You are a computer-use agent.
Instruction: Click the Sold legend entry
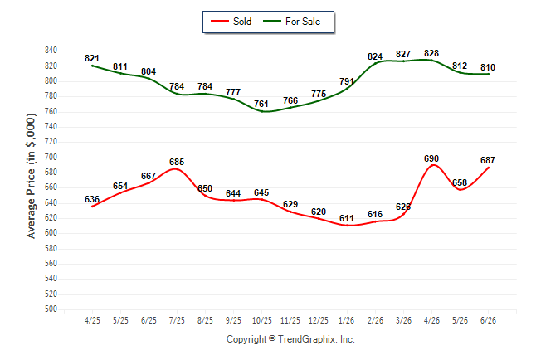tap(231, 22)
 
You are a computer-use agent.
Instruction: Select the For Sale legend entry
tap(291, 22)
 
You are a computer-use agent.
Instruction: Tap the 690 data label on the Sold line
tap(431, 158)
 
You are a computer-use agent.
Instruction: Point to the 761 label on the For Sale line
tap(261, 104)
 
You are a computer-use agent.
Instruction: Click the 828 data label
tap(431, 53)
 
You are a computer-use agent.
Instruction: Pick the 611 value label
tap(347, 218)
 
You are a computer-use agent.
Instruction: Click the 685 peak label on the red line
tap(177, 162)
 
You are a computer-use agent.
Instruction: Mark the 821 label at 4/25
tap(92, 58)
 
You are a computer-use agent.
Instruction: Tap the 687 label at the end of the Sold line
tap(488, 160)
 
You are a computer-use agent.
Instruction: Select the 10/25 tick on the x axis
tap(262, 320)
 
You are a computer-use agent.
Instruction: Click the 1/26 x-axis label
tap(347, 320)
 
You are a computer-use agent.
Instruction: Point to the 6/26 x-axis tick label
tap(488, 320)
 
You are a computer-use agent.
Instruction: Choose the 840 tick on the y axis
tap(51, 51)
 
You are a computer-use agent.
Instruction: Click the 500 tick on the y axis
tap(51, 309)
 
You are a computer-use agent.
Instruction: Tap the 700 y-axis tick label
tap(51, 158)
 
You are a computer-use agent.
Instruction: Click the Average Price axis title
tap(31, 176)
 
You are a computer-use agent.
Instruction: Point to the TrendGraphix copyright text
tap(290, 339)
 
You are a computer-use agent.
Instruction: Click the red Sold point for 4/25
tap(92, 207)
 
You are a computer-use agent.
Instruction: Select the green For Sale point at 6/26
tap(488, 74)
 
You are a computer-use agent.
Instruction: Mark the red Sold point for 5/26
tap(460, 189)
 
